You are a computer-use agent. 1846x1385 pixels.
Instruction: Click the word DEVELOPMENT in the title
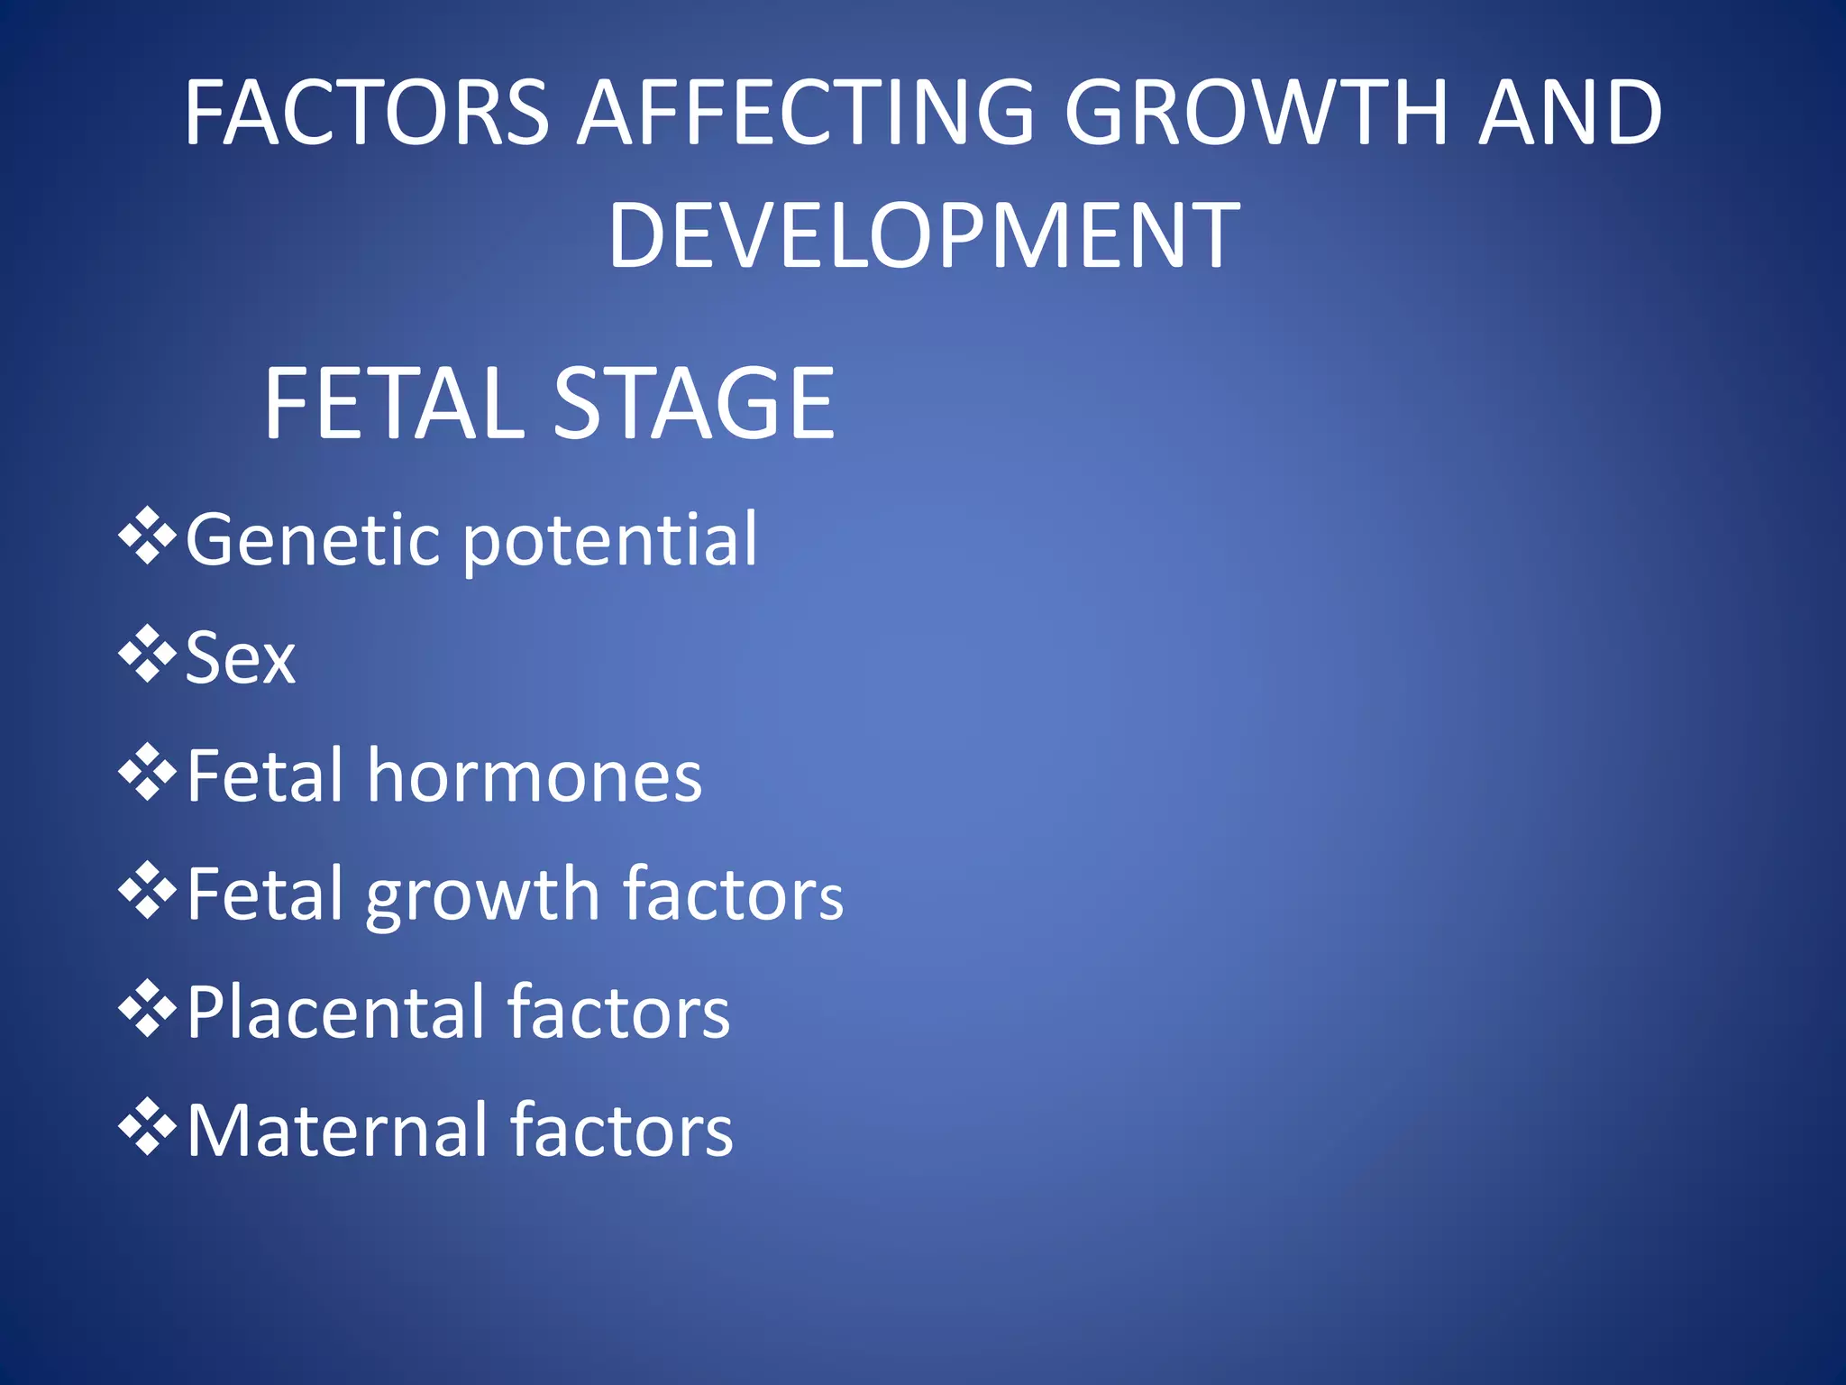pos(924,235)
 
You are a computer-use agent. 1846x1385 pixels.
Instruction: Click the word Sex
pos(240,658)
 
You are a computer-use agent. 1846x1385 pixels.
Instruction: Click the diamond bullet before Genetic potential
pos(147,537)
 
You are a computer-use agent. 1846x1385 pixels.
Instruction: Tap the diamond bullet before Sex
pos(147,655)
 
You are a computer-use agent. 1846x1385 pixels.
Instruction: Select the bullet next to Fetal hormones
pos(147,773)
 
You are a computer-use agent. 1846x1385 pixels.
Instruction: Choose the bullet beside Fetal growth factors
pos(147,891)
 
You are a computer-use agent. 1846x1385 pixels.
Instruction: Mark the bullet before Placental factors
pos(147,1010)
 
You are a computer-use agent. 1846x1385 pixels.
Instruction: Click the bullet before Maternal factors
pos(147,1128)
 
